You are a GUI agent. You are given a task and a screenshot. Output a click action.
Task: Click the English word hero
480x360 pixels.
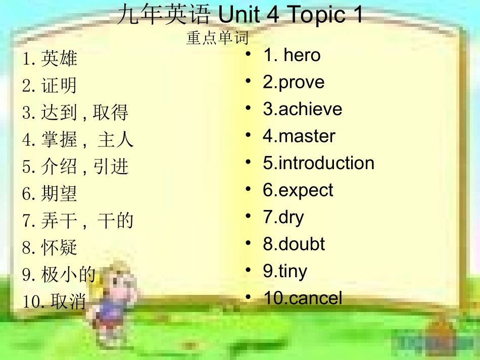[x=302, y=55]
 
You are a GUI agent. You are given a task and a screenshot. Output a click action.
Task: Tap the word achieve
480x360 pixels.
[x=310, y=110]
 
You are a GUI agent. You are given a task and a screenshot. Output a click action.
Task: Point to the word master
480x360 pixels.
[x=307, y=136]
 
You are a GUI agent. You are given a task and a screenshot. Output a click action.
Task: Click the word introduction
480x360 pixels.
[x=326, y=163]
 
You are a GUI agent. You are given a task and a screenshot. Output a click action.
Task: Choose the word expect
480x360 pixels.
[x=306, y=190]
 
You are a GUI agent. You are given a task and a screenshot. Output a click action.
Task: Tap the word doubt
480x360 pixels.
[x=302, y=244]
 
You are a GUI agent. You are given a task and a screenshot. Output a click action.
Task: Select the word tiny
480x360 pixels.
[x=293, y=272]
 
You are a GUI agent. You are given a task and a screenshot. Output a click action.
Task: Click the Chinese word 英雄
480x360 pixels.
[x=59, y=59]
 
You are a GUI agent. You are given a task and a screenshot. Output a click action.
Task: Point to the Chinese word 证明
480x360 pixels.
[x=59, y=86]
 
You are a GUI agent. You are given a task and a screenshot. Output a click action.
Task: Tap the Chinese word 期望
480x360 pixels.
[x=59, y=193]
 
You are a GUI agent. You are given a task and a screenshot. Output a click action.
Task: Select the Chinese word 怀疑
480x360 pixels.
[x=59, y=247]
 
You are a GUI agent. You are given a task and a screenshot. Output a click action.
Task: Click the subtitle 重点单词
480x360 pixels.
[x=217, y=38]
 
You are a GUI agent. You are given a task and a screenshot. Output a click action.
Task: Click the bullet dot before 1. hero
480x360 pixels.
[x=248, y=54]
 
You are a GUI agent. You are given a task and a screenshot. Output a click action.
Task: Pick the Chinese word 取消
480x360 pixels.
[x=68, y=301]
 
